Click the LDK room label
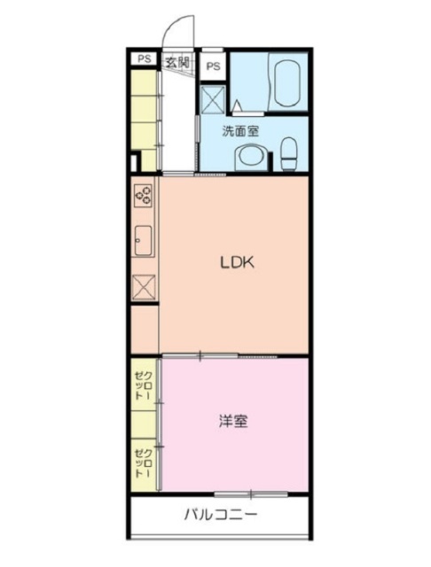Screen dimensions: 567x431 coord(238,262)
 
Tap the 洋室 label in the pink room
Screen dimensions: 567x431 coord(233,422)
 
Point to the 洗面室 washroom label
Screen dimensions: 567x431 coord(239,131)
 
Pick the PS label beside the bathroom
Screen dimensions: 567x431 coord(214,66)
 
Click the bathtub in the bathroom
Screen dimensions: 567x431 coord(286,82)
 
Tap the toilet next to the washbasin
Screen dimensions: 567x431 coord(289,154)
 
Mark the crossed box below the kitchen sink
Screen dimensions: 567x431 coord(144,287)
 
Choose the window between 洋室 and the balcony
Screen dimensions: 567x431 coord(251,493)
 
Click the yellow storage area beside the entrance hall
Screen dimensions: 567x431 coord(144,115)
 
